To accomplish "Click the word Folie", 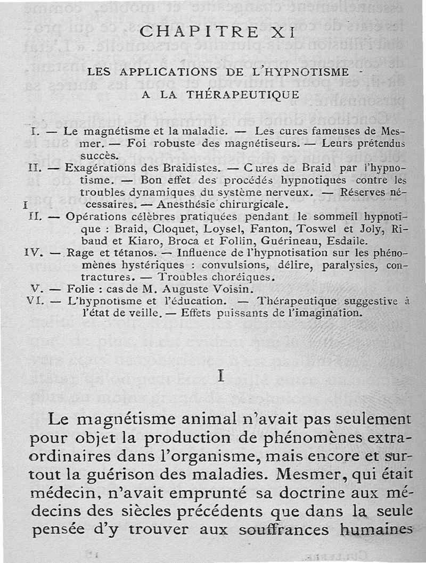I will click(x=78, y=289).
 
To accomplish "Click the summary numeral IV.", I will click(x=33, y=253).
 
